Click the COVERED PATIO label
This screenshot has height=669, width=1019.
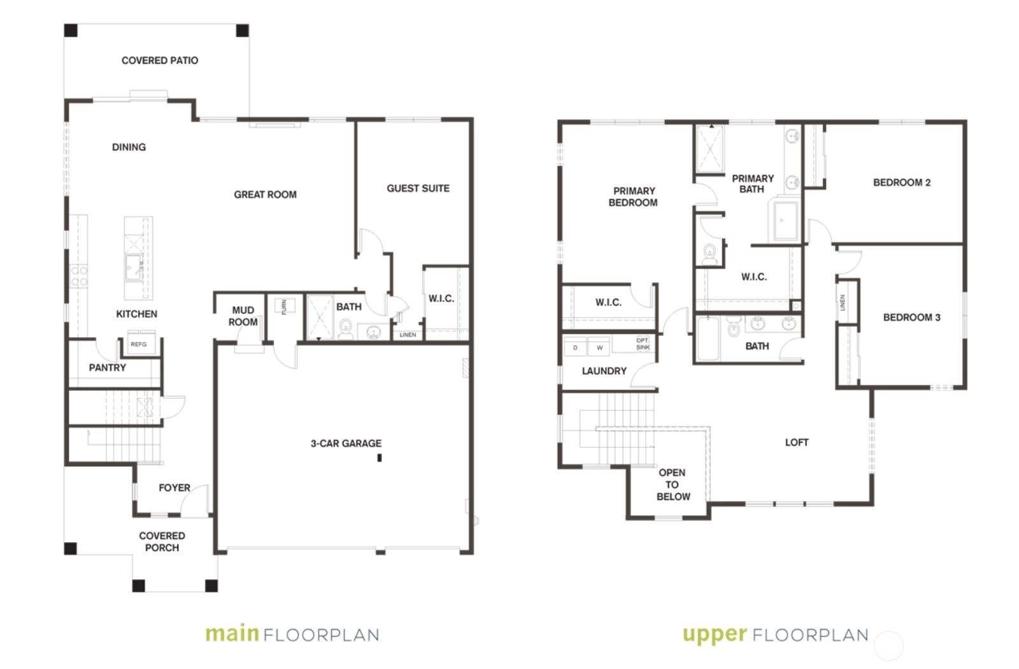coord(160,61)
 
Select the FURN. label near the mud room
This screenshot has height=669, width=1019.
coord(284,306)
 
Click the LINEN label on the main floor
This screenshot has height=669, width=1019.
coord(408,334)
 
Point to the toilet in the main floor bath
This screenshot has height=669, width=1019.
coord(346,329)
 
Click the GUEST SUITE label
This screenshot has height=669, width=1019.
coord(418,189)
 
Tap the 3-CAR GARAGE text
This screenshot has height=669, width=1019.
coord(346,443)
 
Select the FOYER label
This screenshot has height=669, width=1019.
coord(175,488)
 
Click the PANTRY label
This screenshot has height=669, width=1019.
coord(108,368)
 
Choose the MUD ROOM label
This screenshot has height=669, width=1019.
coord(243,316)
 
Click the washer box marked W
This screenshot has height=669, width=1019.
coord(599,347)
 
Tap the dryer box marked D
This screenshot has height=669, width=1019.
coord(576,347)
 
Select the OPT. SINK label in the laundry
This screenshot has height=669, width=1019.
coord(643,343)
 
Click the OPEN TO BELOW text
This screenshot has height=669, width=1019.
coord(673,485)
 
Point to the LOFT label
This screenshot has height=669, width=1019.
coord(797,442)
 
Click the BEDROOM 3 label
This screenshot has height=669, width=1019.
coord(911,318)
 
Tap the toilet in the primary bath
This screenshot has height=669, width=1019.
coord(709,254)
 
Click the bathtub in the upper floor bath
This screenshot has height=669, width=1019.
coord(708,338)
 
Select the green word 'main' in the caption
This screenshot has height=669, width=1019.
coord(232,633)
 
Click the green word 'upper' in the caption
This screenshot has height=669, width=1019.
coord(715,635)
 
